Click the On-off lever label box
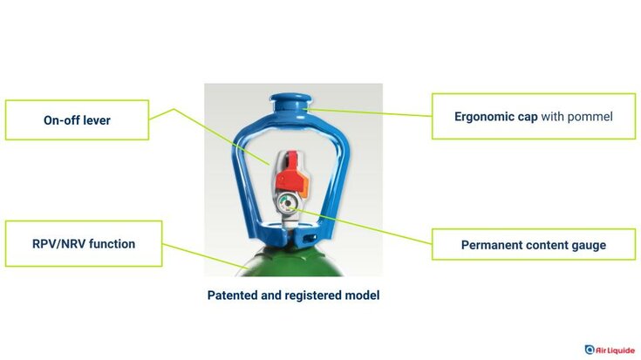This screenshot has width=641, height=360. pyautogui.click(x=76, y=120)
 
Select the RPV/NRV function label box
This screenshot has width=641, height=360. pyautogui.click(x=84, y=244)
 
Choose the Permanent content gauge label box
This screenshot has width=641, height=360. pyautogui.click(x=533, y=245)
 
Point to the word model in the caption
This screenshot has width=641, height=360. pyautogui.click(x=361, y=295)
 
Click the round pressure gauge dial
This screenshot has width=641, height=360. pyautogui.click(x=285, y=206)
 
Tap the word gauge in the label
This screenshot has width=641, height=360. pyautogui.click(x=584, y=245)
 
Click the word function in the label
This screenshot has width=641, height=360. pyautogui.click(x=113, y=244)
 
